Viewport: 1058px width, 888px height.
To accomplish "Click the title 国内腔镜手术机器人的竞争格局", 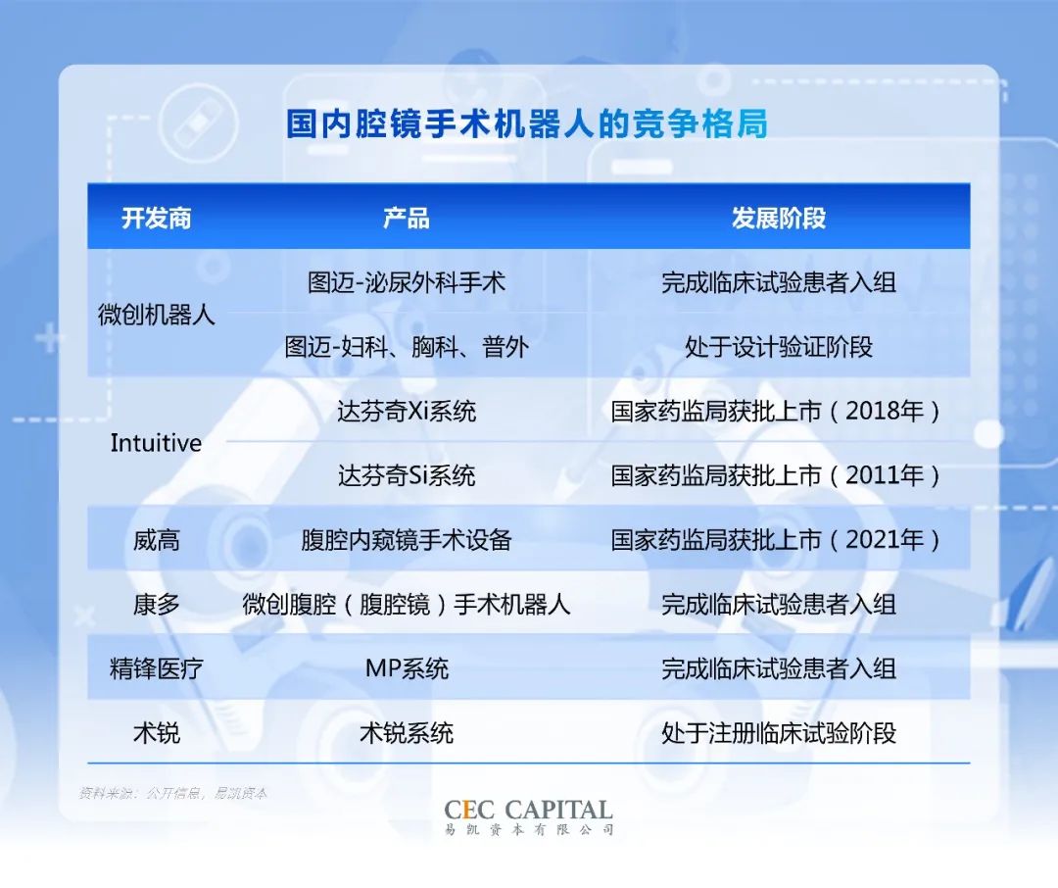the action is (527, 123).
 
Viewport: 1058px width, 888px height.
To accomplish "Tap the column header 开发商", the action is (156, 219).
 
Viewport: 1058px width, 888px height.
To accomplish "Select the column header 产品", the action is (407, 219).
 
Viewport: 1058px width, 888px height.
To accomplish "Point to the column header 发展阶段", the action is (779, 219).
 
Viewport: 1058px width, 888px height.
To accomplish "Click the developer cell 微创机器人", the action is (157, 315).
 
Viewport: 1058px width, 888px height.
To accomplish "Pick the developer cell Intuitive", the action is (156, 443).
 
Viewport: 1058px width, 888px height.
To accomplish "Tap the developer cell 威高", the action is (157, 540).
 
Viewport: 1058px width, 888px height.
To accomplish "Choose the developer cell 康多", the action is (157, 605).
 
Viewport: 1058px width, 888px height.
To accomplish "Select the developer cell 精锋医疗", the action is (157, 668).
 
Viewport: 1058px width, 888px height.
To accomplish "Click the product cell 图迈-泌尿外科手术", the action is (407, 282).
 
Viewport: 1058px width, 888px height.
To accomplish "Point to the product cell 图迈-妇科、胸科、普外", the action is (407, 347).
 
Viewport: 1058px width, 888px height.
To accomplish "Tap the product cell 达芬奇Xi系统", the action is (407, 412).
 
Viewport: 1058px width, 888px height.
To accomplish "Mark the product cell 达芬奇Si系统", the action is (407, 476).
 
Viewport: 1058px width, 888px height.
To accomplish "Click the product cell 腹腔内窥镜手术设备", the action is (407, 540).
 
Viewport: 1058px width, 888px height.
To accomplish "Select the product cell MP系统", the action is (407, 668).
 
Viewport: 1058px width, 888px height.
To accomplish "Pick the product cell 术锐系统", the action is (407, 733).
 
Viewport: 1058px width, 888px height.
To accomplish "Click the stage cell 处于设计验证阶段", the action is (779, 347).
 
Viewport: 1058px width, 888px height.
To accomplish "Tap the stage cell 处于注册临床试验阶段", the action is (779, 733).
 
